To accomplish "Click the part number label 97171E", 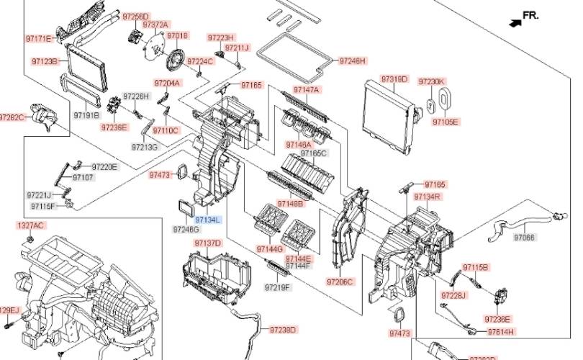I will (39, 38).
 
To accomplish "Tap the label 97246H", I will (353, 60).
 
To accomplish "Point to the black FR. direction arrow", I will (515, 22).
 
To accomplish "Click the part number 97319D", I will (394, 78).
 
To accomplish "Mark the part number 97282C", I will (12, 117).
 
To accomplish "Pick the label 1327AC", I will (30, 225).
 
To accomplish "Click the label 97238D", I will (283, 330).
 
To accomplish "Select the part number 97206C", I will (340, 281).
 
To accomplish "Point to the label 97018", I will (177, 35).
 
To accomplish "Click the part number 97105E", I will (446, 122).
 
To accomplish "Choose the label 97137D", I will (209, 243).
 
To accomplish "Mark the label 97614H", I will (501, 331).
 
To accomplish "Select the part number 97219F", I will (276, 287).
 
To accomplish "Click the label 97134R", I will (447, 197).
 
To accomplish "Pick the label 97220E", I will (104, 167).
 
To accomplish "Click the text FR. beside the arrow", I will (530, 15).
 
